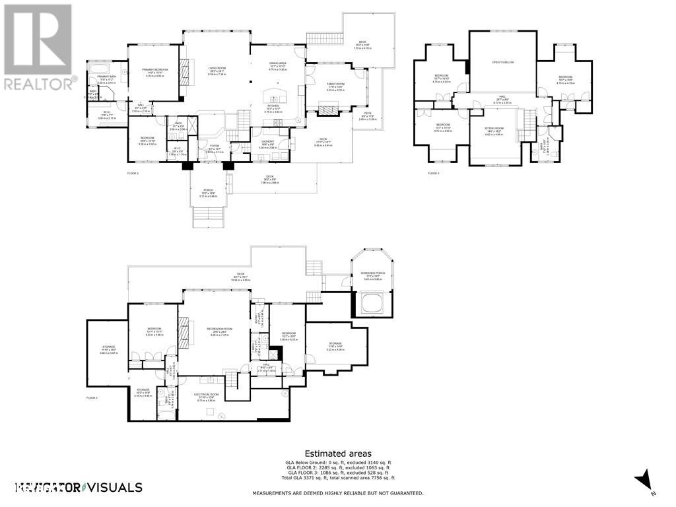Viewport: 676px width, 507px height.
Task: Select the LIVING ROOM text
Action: click(217, 67)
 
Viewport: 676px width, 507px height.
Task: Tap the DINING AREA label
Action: click(277, 63)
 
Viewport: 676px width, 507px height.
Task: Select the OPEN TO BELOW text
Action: click(502, 63)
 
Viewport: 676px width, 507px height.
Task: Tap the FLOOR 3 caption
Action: click(433, 173)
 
